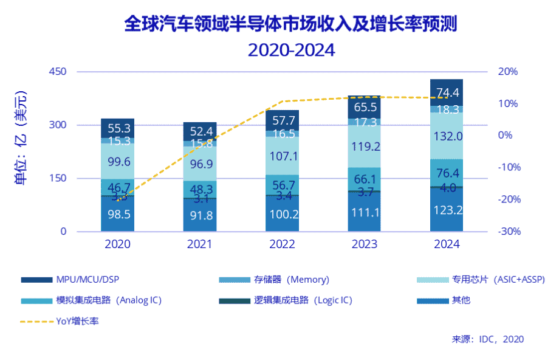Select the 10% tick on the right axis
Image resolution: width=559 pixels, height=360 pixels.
(508, 103)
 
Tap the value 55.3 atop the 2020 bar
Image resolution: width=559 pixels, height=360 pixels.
(118, 128)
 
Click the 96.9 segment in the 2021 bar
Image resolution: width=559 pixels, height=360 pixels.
(200, 164)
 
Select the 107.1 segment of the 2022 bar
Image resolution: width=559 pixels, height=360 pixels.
(282, 156)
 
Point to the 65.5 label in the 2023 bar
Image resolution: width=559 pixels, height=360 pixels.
(365, 108)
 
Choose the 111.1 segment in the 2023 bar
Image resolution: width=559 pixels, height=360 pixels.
(365, 211)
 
